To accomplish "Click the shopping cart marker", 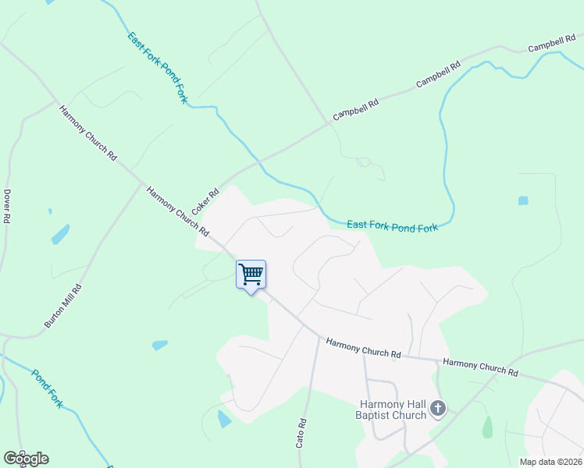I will click(x=251, y=275).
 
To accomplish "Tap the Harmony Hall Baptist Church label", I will click(x=393, y=409).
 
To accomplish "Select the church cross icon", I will click(x=438, y=408).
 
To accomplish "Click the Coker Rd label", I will click(x=205, y=203).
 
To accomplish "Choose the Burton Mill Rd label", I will click(x=63, y=306).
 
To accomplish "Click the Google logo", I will click(x=26, y=459).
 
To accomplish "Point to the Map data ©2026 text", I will click(x=550, y=462).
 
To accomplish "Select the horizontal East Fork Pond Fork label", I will click(x=392, y=225).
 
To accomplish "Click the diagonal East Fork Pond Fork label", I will click(x=158, y=69).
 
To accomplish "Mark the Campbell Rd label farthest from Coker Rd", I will click(x=550, y=44).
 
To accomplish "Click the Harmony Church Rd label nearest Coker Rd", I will click(x=178, y=211).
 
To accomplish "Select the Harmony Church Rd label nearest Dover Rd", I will click(x=87, y=133).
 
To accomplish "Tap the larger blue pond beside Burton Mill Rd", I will click(x=60, y=233).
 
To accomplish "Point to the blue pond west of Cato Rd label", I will click(x=224, y=419).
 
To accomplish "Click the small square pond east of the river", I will click(x=522, y=200).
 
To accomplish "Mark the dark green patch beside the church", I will click(x=488, y=427).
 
